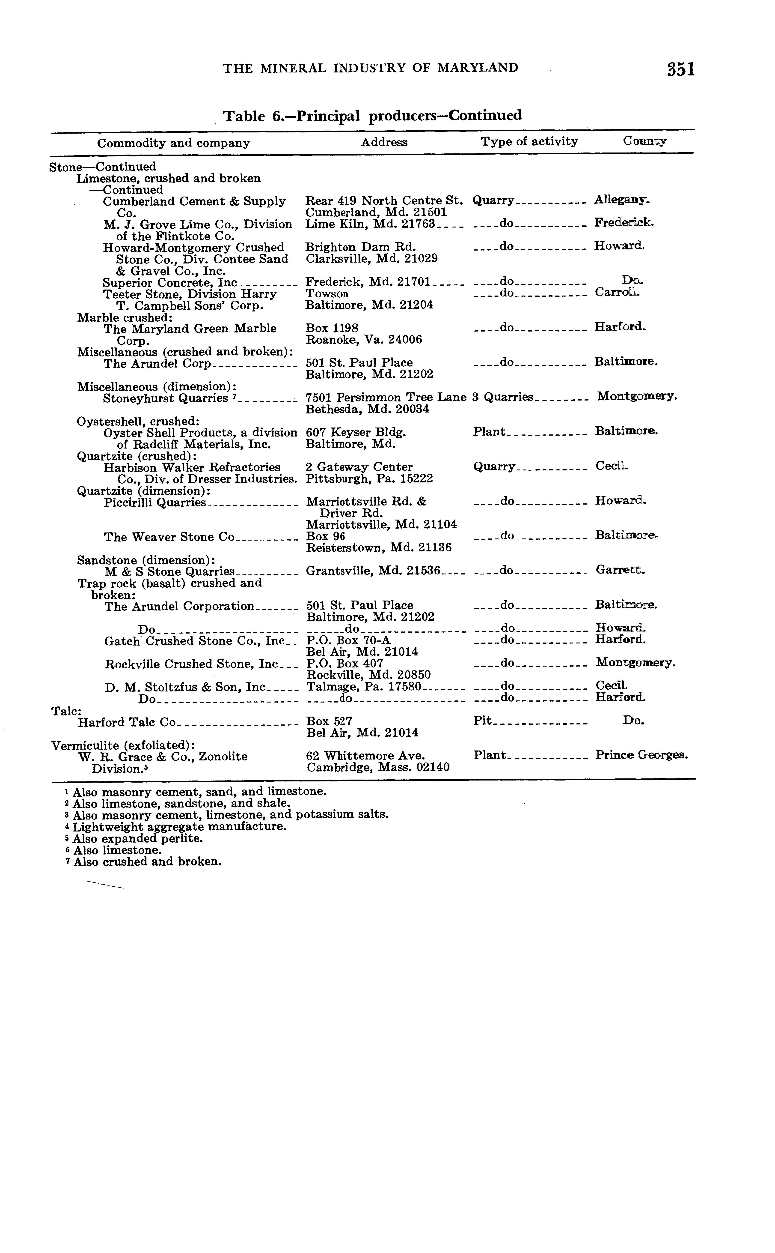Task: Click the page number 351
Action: point(681,69)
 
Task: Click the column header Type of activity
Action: point(529,141)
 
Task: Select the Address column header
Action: point(384,142)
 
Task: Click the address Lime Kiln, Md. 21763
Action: point(370,224)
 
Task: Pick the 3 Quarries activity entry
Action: point(503,397)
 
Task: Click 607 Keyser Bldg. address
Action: point(356,432)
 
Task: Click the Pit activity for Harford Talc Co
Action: point(482,721)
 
